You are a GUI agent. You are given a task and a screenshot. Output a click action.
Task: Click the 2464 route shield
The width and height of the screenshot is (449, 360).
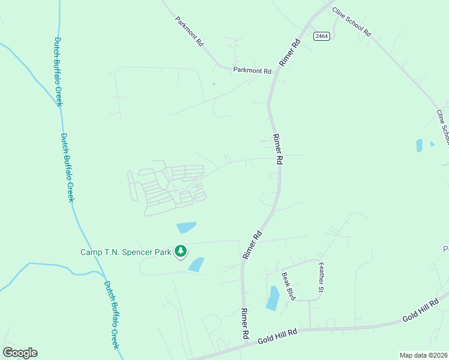[321, 36]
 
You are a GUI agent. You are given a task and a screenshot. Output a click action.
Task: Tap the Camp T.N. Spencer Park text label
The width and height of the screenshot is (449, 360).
[126, 252]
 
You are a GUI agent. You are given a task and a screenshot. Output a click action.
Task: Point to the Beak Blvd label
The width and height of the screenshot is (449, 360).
[289, 286]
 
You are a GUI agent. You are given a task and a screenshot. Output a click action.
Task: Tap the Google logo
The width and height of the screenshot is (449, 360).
[20, 353]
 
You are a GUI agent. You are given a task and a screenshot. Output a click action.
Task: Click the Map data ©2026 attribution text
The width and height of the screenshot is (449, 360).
[423, 355]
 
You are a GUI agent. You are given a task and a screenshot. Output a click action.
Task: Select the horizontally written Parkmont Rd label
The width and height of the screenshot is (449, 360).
[252, 71]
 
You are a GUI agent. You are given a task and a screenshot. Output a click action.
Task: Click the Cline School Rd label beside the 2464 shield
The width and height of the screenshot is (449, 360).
[352, 23]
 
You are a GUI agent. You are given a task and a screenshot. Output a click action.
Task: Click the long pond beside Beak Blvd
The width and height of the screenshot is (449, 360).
[273, 298]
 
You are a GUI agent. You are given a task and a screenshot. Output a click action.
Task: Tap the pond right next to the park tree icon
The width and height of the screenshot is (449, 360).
[196, 264]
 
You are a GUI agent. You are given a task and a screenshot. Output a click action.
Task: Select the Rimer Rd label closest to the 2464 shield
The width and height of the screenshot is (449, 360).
[289, 53]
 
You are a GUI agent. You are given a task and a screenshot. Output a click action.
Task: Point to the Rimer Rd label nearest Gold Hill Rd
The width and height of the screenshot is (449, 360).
[245, 322]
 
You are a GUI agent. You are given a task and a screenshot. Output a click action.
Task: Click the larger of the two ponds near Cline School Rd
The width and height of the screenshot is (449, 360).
[419, 145]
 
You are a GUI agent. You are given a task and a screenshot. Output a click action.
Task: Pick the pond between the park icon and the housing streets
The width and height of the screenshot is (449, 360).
[186, 227]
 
